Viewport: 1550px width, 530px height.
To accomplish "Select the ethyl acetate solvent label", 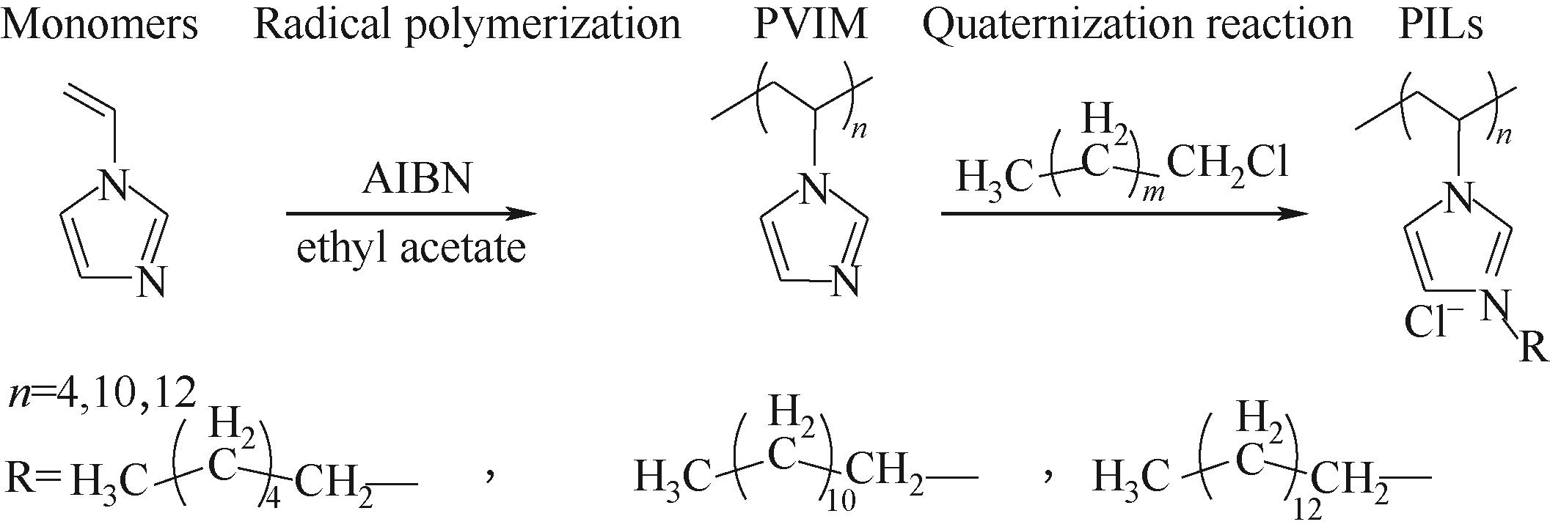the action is pos(411,248).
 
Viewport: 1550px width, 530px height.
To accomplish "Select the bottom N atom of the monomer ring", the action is pos(151,281).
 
